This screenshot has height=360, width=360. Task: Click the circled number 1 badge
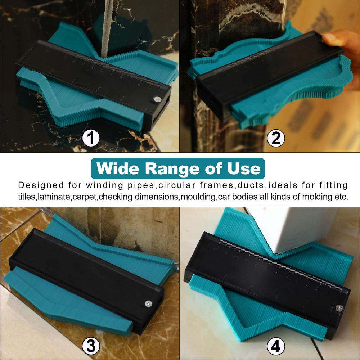(91, 138)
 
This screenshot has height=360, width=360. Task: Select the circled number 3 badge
(91, 347)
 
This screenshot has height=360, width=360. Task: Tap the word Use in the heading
(247, 168)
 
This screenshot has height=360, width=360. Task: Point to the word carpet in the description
(86, 197)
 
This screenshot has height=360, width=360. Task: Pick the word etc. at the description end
(341, 197)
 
